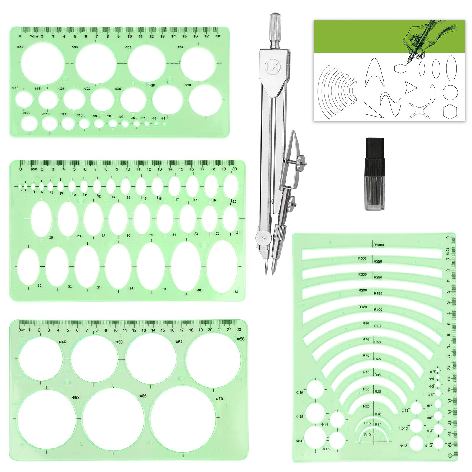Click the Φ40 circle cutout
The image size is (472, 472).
point(42,63)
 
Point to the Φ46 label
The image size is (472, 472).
point(63,342)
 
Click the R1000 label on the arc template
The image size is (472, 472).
point(378,245)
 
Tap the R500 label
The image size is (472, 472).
point(363,258)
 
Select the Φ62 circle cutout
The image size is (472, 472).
point(47,419)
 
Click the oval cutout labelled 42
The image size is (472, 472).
point(222,266)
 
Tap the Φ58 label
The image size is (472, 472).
point(240,339)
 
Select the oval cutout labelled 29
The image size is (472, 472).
point(41,219)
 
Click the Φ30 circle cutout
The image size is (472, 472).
point(205,100)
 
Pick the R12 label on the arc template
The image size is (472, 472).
point(367,435)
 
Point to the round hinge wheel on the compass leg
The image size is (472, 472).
point(262,236)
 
